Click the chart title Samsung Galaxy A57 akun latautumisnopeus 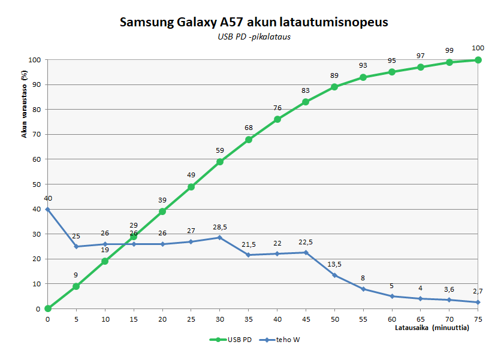pyautogui.click(x=254, y=22)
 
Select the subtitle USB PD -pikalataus pyautogui.click(x=254, y=37)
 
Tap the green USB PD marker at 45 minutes pyautogui.click(x=306, y=102)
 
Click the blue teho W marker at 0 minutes pyautogui.click(x=48, y=209)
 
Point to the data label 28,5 pyautogui.click(x=220, y=228)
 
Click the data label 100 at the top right pyautogui.click(x=478, y=49)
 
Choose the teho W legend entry pyautogui.click(x=280, y=340)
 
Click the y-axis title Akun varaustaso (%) pyautogui.click(x=25, y=104)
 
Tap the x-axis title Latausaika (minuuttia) pyautogui.click(x=432, y=328)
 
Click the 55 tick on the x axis pyautogui.click(x=363, y=319)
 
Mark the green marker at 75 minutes pyautogui.click(x=478, y=60)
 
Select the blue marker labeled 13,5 pyautogui.click(x=334, y=275)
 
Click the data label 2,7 pyautogui.click(x=478, y=291)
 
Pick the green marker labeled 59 pyautogui.click(x=220, y=162)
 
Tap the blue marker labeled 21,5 pyautogui.click(x=249, y=255)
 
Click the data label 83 pyautogui.click(x=306, y=90)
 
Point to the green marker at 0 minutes pyautogui.click(x=48, y=308)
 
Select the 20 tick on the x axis pyautogui.click(x=162, y=319)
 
